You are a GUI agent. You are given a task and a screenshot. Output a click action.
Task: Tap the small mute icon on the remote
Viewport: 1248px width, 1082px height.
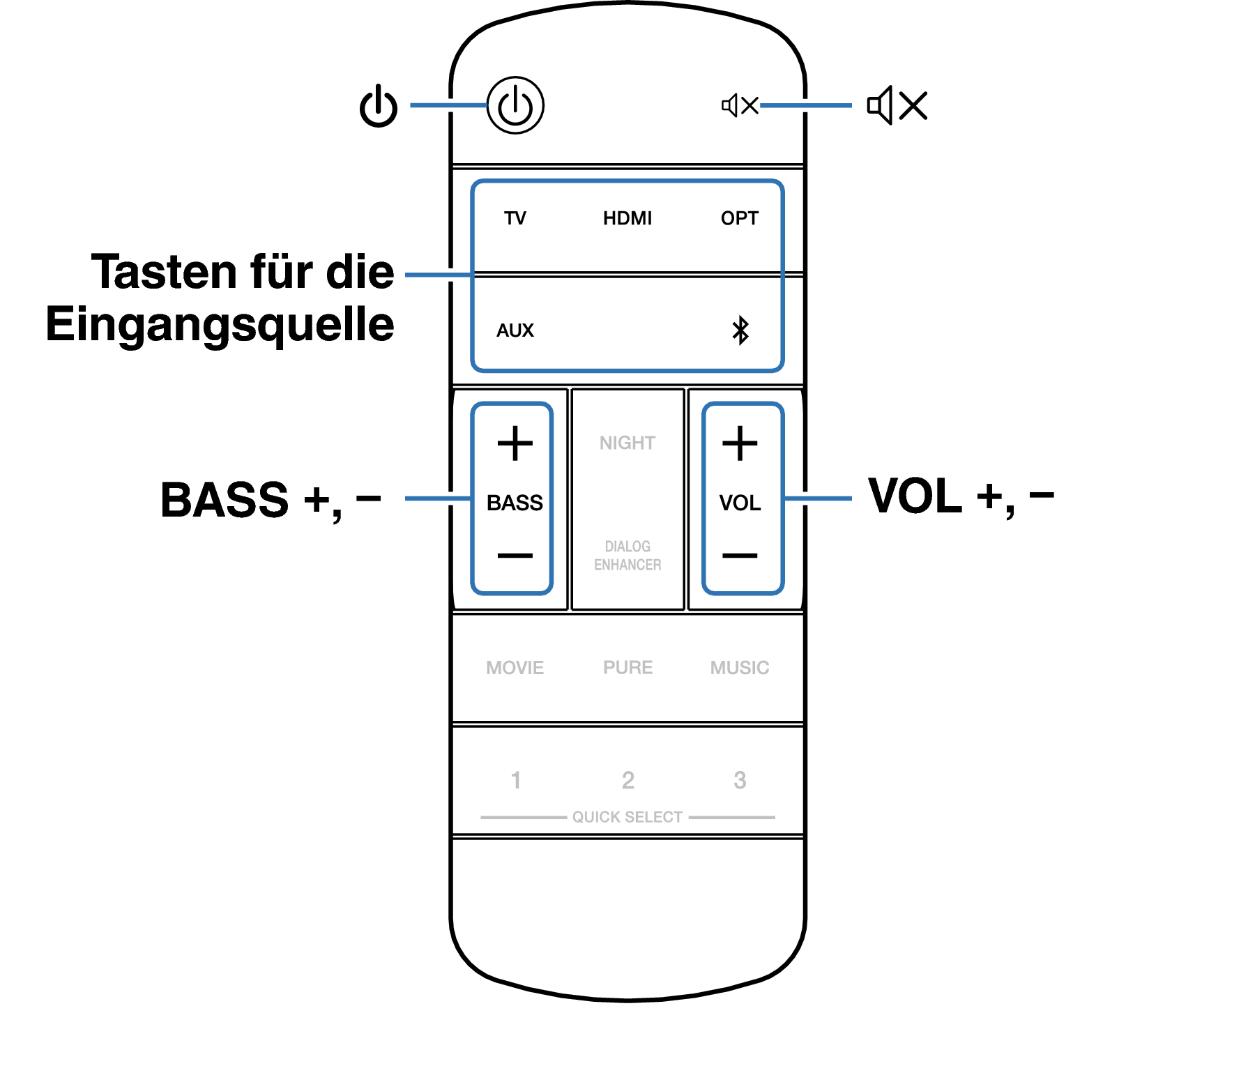(740, 105)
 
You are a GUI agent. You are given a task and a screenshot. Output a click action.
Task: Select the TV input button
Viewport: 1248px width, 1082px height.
(515, 218)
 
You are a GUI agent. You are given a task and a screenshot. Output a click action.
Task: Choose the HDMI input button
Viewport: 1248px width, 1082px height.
(627, 218)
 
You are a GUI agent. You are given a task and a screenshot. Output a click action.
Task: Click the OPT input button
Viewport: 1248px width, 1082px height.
(740, 218)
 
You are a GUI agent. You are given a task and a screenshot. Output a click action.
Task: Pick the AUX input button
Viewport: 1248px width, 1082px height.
(515, 330)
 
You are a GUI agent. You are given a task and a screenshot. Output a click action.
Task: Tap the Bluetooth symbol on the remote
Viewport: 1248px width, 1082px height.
(740, 330)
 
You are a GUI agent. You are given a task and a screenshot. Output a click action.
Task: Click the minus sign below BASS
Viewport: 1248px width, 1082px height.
(515, 556)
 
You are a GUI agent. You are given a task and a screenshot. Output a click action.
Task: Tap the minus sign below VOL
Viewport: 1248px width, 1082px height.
(740, 556)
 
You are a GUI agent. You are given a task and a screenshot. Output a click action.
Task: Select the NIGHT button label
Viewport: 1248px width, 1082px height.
(627, 443)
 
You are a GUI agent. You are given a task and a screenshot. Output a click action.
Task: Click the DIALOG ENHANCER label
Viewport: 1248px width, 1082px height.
(627, 556)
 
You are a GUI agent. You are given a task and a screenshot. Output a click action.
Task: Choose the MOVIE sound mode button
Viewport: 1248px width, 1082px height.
(515, 668)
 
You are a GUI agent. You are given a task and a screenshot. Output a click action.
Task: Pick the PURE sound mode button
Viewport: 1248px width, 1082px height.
(627, 668)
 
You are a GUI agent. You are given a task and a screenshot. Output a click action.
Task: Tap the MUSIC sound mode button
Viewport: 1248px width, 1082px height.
(740, 668)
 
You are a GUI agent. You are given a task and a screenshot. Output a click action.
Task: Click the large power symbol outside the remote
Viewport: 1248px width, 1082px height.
(379, 106)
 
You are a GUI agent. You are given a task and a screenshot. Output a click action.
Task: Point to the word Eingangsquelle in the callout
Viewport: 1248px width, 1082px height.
(220, 326)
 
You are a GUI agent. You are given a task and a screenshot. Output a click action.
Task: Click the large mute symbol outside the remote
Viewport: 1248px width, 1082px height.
(897, 106)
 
